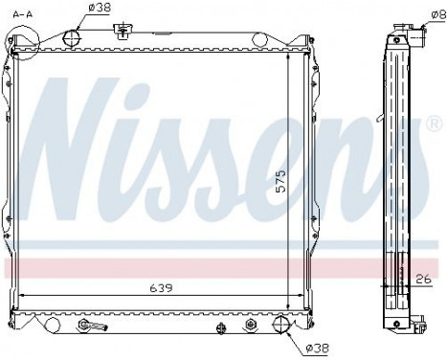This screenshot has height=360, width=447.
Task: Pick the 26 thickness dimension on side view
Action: click(422, 280)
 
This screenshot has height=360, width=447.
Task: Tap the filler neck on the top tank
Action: click(120, 31)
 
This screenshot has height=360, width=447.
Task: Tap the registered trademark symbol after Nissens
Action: click(433, 126)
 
